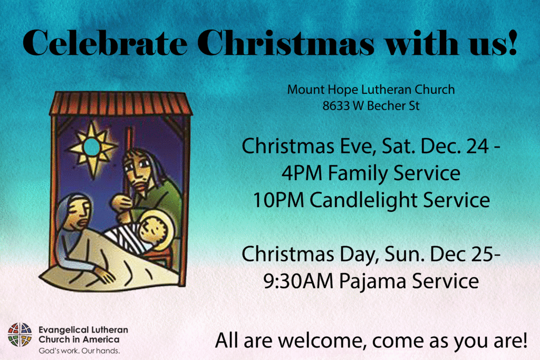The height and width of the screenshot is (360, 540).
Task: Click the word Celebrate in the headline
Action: pyautogui.click(x=105, y=43)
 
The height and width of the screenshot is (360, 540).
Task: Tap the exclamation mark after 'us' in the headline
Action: pyautogui.click(x=513, y=42)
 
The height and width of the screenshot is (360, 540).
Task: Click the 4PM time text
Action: pyautogui.click(x=302, y=173)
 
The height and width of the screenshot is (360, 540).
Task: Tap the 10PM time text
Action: pyautogui.click(x=278, y=200)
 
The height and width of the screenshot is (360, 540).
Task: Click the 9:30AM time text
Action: pyautogui.click(x=298, y=281)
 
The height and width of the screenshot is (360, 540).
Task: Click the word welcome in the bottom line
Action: pyautogui.click(x=320, y=340)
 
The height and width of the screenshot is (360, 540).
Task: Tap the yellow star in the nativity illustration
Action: pyautogui.click(x=92, y=149)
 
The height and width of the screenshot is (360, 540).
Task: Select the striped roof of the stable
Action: pyautogui.click(x=121, y=103)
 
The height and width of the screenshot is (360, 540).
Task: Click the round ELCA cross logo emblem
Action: pyautogui.click(x=20, y=335)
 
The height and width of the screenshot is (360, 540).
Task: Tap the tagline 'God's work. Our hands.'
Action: pyautogui.click(x=79, y=351)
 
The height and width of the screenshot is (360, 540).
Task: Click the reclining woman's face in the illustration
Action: pyautogui.click(x=79, y=213)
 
